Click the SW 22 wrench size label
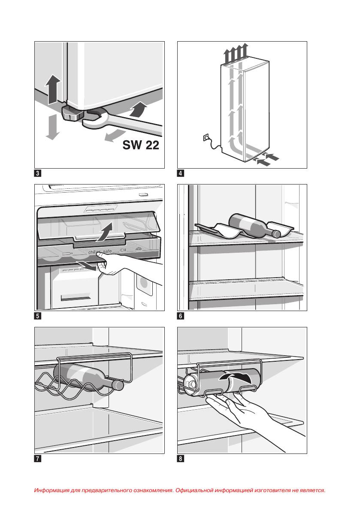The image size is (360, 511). pyautogui.click(x=141, y=145)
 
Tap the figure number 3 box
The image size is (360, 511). pyautogui.click(x=38, y=173)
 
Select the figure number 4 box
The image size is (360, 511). pyautogui.click(x=181, y=173)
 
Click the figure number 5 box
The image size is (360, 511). pyautogui.click(x=38, y=316)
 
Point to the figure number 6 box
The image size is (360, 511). pyautogui.click(x=181, y=316)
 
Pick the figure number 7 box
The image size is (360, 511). pyautogui.click(x=38, y=459)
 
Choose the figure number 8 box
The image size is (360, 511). pyautogui.click(x=181, y=459)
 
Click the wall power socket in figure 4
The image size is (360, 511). pyautogui.click(x=206, y=138)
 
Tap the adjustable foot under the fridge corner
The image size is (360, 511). pyautogui.click(x=72, y=113)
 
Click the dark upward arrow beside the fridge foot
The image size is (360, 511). pyautogui.click(x=53, y=90)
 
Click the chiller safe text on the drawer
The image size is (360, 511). pyautogui.click(x=100, y=251)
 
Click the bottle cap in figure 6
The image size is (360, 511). pyautogui.click(x=276, y=234)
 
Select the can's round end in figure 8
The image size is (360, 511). pyautogui.click(x=190, y=383)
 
